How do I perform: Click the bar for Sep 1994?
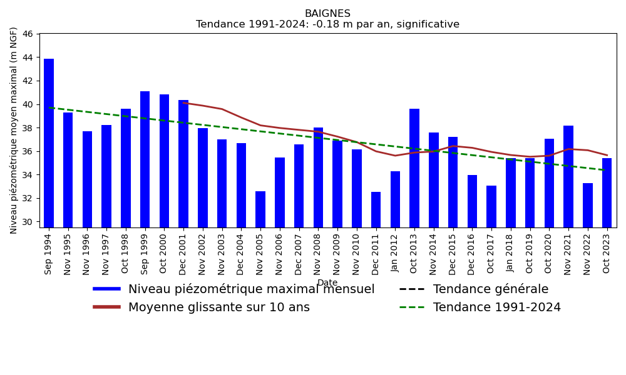tap(49, 143)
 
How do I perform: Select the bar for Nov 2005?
tap(260, 209)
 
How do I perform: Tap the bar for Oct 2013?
tap(414, 168)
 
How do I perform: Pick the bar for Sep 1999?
tap(145, 159)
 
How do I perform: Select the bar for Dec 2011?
tap(376, 209)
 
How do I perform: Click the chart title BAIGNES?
tap(327, 14)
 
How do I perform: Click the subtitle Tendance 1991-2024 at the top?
tap(327, 25)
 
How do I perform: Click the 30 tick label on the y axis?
tap(27, 222)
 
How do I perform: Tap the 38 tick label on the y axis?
tap(27, 128)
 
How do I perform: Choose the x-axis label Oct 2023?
tap(607, 252)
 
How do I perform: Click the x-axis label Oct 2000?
tap(164, 252)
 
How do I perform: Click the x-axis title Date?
tap(327, 283)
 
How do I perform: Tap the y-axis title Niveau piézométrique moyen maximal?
tap(14, 130)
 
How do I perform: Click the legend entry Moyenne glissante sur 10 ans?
tap(218, 307)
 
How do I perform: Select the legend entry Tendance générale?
tap(490, 289)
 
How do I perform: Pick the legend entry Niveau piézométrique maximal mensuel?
tap(251, 289)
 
